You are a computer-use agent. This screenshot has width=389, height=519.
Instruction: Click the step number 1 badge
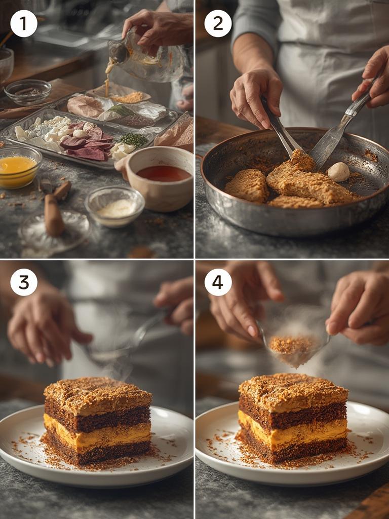(x=24, y=23)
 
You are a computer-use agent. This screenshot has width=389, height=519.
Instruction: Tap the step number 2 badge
(x=218, y=23)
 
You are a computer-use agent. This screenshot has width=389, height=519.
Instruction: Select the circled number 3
(x=24, y=282)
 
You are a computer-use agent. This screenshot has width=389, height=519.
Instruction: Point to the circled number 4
(x=218, y=282)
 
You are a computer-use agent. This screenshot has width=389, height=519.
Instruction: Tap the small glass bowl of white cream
(x=114, y=205)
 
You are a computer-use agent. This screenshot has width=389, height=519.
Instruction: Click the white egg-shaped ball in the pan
(x=338, y=172)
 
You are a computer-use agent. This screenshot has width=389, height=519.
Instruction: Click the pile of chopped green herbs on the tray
(x=134, y=140)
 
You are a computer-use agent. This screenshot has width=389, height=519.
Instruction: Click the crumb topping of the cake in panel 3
(x=96, y=392)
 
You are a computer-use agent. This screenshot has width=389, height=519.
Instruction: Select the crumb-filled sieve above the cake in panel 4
(x=294, y=347)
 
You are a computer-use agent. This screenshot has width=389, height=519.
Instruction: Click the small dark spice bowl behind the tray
(x=28, y=92)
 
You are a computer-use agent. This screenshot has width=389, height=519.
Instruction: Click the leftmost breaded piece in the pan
(x=247, y=186)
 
